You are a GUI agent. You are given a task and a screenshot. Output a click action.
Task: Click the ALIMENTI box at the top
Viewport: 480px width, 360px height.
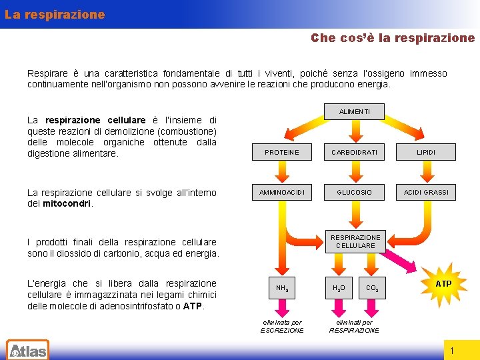(355, 111)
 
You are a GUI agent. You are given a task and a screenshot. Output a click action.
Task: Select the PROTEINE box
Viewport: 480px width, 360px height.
(282, 153)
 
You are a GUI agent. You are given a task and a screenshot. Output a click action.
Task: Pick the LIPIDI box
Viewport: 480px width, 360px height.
(426, 153)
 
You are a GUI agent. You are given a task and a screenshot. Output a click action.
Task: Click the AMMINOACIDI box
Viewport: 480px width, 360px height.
(282, 192)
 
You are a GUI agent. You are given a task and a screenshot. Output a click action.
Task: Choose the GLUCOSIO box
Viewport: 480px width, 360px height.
(355, 192)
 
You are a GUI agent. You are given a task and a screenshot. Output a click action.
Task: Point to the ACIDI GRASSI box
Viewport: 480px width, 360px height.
(426, 192)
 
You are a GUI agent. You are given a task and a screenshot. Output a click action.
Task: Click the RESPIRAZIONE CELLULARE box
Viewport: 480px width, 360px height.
(355, 241)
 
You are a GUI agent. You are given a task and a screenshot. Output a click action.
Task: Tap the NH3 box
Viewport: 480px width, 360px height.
(282, 288)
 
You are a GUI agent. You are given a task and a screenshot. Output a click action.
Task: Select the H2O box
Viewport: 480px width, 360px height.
(339, 288)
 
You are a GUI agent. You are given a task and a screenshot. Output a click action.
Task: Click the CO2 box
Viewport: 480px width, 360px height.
(373, 288)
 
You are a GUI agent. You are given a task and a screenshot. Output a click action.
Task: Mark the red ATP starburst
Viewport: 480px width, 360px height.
(443, 284)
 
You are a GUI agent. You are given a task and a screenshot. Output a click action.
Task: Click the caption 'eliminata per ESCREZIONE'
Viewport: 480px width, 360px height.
(281, 326)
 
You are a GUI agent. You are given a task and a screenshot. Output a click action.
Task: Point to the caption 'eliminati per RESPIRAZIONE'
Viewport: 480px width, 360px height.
(354, 326)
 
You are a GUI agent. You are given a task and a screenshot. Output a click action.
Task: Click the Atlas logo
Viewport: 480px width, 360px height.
(27, 349)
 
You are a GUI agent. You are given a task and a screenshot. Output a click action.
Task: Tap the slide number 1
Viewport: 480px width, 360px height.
(452, 351)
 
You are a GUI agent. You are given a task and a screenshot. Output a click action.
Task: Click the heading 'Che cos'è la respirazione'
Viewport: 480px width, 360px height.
(393, 38)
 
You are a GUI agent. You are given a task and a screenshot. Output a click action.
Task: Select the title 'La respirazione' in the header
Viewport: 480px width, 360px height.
(55, 14)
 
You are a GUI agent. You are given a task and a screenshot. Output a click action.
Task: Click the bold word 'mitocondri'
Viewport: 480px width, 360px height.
(67, 204)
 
